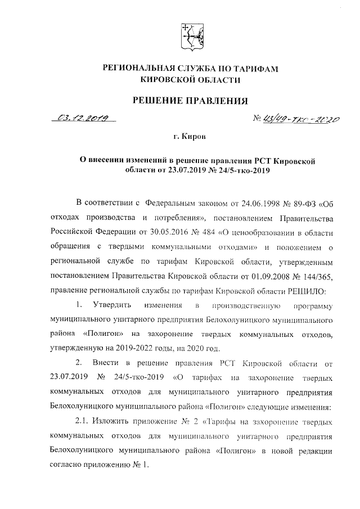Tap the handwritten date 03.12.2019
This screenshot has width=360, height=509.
pos(82,119)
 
